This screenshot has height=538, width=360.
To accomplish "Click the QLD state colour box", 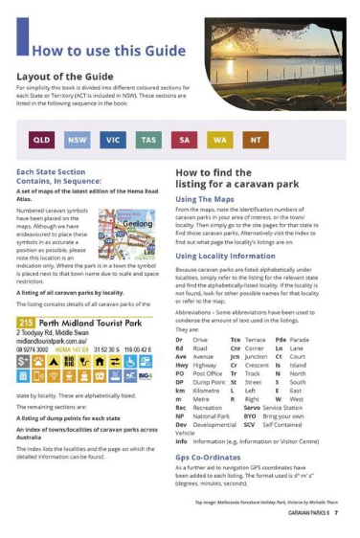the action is pyautogui.click(x=41, y=140).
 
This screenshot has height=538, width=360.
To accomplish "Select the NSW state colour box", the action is pyautogui.click(x=77, y=140).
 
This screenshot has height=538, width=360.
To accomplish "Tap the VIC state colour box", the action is pyautogui.click(x=113, y=140).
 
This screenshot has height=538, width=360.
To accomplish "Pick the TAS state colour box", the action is pyautogui.click(x=148, y=140).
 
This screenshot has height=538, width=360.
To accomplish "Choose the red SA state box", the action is pyautogui.click(x=185, y=140).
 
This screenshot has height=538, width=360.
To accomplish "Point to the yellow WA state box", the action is pyautogui.click(x=220, y=140).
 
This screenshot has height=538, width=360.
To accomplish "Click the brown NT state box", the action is pyautogui.click(x=255, y=140).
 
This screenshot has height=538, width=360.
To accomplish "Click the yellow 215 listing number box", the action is pyautogui.click(x=25, y=324).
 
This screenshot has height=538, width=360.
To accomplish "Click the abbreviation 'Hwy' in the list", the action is pyautogui.click(x=181, y=365).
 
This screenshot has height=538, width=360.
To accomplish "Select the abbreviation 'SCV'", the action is pyautogui.click(x=249, y=424).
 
